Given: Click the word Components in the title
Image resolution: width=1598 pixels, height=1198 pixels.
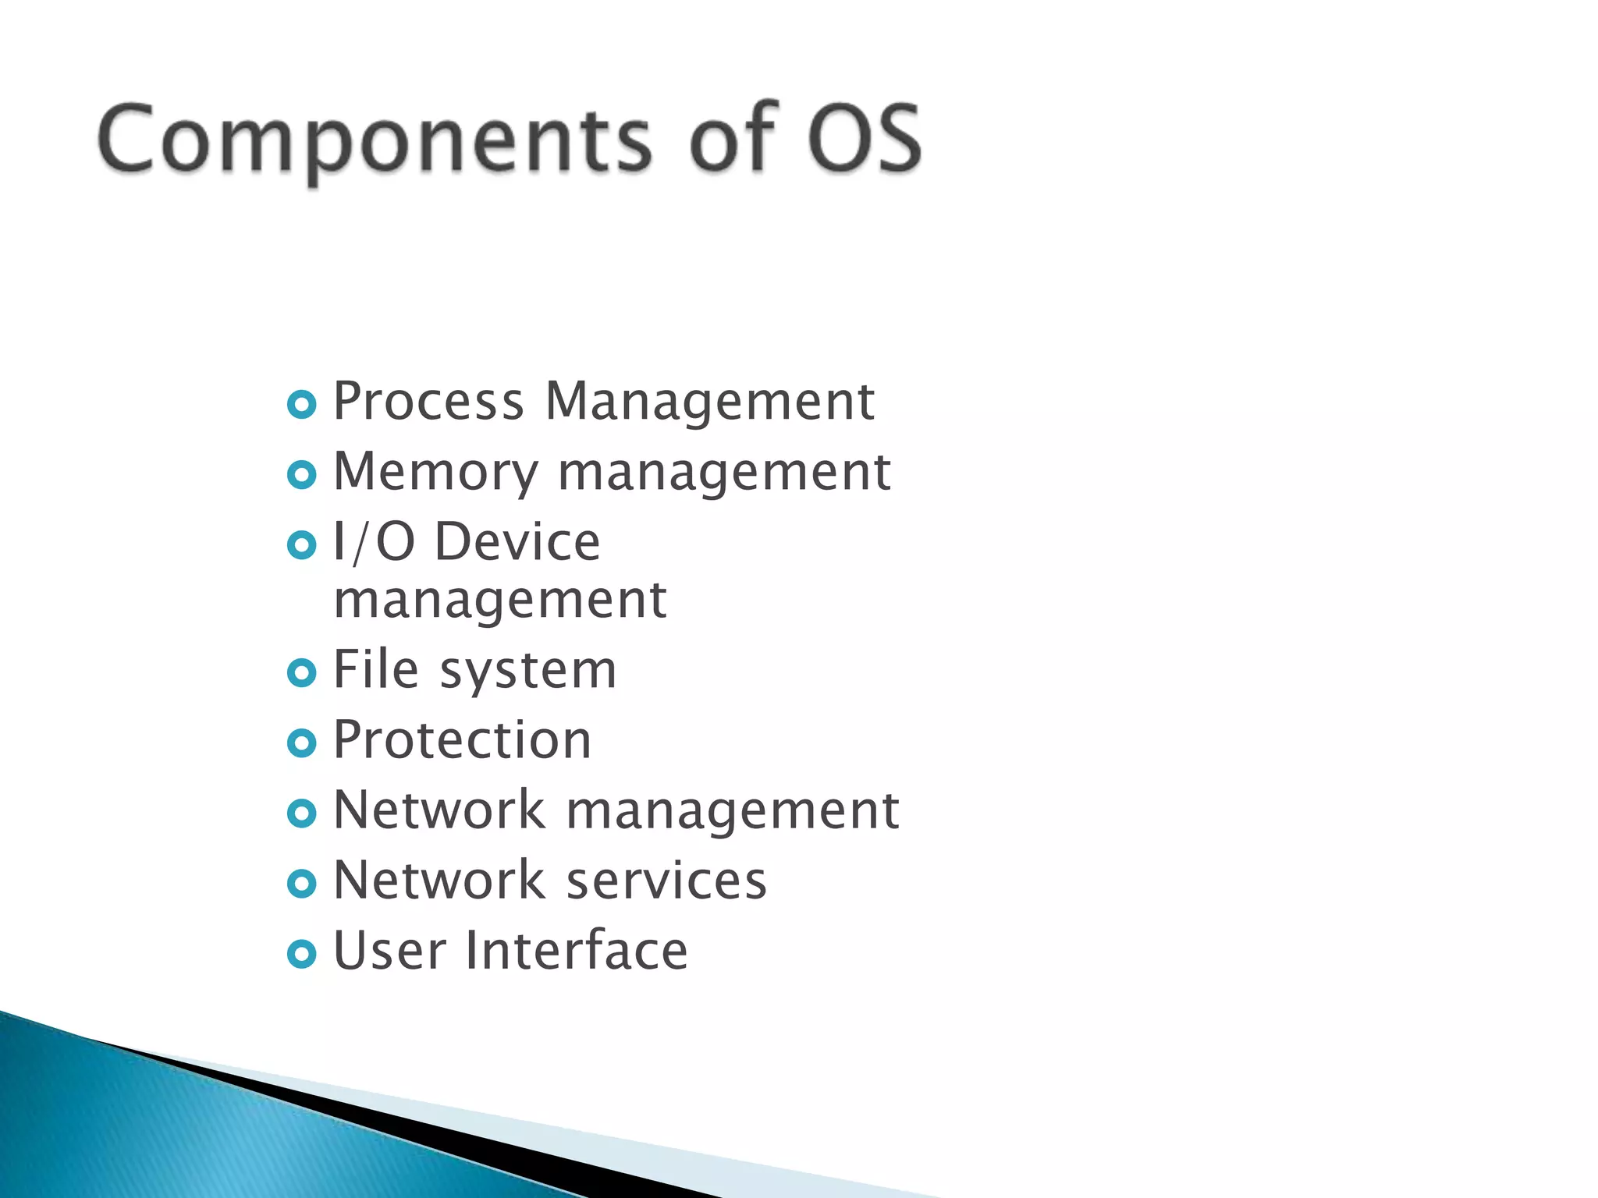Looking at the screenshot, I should pyautogui.click(x=374, y=140).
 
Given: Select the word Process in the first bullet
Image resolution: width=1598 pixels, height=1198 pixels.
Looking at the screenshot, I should pyautogui.click(x=428, y=402).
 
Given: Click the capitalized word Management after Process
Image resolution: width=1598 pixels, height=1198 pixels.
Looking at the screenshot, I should pyautogui.click(x=709, y=403).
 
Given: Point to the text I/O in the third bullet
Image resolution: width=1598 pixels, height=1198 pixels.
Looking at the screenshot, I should pyautogui.click(x=374, y=542).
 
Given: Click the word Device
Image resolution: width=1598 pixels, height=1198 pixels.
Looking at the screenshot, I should pyautogui.click(x=517, y=542).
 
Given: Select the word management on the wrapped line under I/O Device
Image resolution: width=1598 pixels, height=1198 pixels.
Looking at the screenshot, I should pyautogui.click(x=500, y=602).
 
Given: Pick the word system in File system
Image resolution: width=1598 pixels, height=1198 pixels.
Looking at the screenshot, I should pyautogui.click(x=528, y=672).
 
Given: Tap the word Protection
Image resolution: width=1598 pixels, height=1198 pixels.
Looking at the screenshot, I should pyautogui.click(x=462, y=740).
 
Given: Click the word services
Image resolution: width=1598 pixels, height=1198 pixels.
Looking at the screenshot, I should pyautogui.click(x=666, y=881).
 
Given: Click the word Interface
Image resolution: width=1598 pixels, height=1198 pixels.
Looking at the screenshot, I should pyautogui.click(x=577, y=952).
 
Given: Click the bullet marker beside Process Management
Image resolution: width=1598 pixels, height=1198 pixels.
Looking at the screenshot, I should pyautogui.click(x=302, y=405).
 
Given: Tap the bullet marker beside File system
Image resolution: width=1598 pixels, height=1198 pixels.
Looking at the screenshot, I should pyautogui.click(x=302, y=673).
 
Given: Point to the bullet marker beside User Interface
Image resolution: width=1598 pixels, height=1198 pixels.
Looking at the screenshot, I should pyautogui.click(x=302, y=954).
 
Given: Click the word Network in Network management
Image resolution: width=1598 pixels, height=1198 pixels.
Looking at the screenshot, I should pyautogui.click(x=439, y=810).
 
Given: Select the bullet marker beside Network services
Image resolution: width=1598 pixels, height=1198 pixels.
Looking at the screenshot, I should pyautogui.click(x=302, y=884).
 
